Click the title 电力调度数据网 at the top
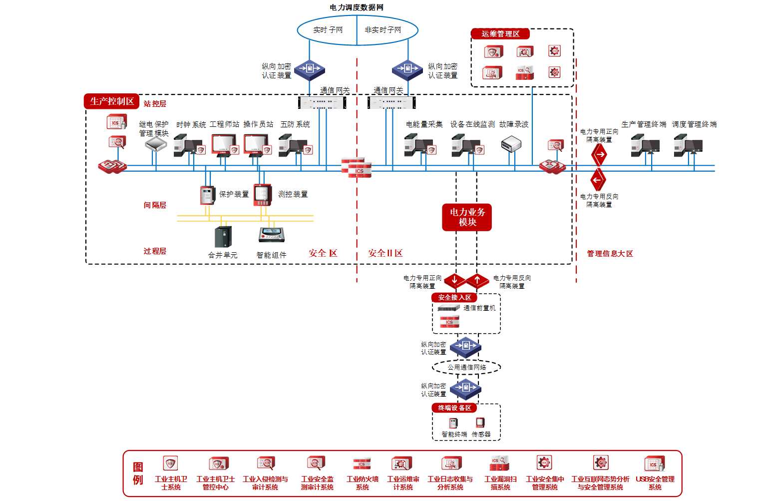click(357, 7)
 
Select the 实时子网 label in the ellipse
click(328, 30)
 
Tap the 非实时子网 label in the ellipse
click(383, 30)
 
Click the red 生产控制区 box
click(112, 101)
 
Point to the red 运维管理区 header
click(500, 34)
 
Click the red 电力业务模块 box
click(467, 217)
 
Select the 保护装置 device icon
click(207, 195)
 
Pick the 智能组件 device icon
click(272, 235)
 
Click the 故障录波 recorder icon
click(511, 144)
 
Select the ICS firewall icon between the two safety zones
click(357, 168)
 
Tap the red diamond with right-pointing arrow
click(599, 155)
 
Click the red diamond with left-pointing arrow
click(598, 180)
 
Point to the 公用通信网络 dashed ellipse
click(466, 367)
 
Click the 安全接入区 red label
click(454, 298)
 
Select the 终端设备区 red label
click(454, 408)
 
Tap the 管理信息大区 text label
click(610, 254)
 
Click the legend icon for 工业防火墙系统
click(362, 464)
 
